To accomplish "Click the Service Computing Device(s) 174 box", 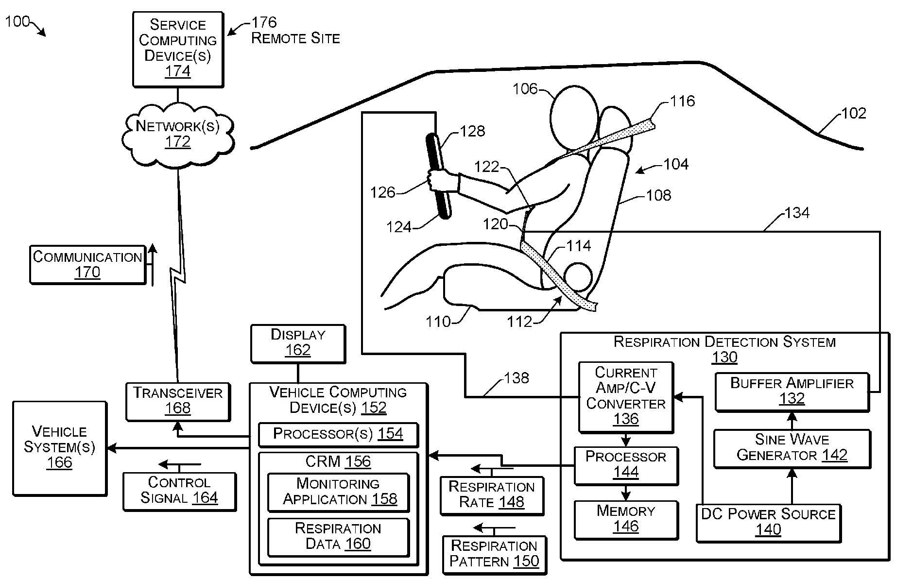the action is pos(178,50).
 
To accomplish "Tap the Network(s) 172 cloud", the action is pos(178,133).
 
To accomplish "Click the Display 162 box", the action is pos(298,344).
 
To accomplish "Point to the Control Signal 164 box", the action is pos(179,491).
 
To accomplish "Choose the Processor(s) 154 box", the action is pos(338,434).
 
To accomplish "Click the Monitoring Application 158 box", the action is pos(339,492).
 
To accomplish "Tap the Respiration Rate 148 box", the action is pos(492,495).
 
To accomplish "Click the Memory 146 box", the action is pos(626,520).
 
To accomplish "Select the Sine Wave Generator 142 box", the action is pos(792,448).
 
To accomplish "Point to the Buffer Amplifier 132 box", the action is pos(792,392).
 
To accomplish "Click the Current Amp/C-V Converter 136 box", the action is pos(626,397).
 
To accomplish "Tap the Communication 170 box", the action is pos(87,265).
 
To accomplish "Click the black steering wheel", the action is pos(439,176).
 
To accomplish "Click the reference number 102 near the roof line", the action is pos(853,113).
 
